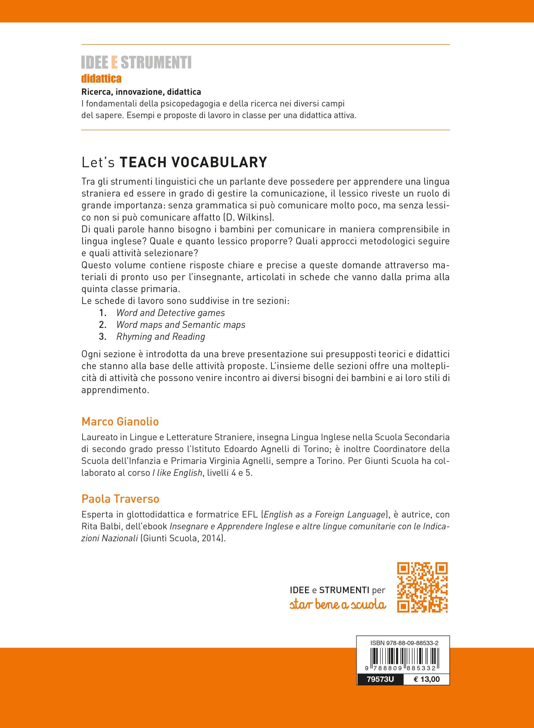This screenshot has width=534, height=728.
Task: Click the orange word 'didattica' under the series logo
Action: point(102,78)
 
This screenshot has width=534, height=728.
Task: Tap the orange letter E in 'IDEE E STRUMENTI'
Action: point(114,62)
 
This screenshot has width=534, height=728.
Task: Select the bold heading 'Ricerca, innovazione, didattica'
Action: point(141,92)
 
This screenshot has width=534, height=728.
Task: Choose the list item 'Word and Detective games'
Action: point(170,313)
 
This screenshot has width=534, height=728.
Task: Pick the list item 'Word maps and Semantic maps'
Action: point(181,325)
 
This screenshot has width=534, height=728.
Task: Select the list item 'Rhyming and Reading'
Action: point(161,337)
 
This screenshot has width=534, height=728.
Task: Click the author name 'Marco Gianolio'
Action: point(120,421)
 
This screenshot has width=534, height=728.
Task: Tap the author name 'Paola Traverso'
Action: point(120,499)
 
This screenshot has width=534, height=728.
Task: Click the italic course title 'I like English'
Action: point(178,473)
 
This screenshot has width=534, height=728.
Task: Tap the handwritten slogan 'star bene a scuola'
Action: point(338,605)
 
